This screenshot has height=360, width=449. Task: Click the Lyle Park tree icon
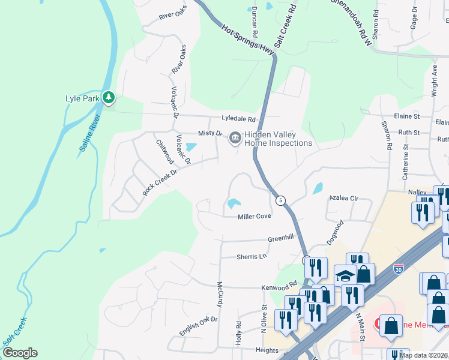pos(108,97)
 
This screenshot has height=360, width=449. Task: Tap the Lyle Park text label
pos(82,98)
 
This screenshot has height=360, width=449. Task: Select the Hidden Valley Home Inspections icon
pos(234,139)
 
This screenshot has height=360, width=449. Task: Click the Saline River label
pos(90,133)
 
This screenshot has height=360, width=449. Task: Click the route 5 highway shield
pos(280,200)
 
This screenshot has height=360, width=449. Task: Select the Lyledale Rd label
pos(238,119)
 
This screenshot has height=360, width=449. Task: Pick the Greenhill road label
pos(280,238)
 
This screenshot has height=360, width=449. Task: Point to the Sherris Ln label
pos(250,256)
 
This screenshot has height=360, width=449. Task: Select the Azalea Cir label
pos(344,197)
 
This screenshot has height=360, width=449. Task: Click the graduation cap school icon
pos(345,275)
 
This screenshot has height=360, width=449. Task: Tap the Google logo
pos(20,353)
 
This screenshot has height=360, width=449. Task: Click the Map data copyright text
pos(423,355)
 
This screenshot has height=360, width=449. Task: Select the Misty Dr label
pos(210,133)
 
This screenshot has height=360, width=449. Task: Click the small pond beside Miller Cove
pos(232,204)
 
